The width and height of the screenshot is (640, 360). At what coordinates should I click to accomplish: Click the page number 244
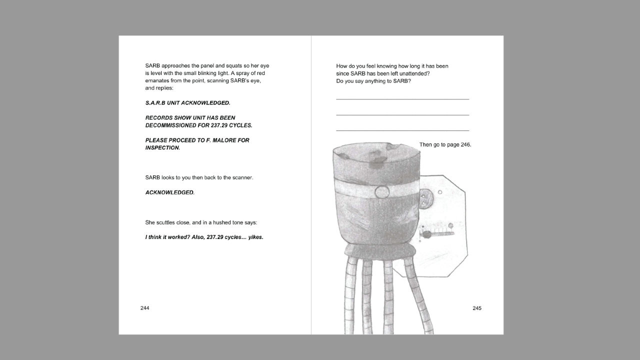144,308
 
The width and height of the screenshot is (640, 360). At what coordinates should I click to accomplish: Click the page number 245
477,308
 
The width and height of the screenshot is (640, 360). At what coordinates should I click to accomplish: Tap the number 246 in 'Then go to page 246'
465,144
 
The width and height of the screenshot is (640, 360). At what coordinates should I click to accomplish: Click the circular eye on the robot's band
381,192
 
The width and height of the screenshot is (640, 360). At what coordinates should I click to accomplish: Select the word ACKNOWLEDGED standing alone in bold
169,192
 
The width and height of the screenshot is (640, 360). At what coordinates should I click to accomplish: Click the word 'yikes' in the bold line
255,237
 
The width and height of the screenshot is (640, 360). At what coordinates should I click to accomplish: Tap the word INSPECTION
162,147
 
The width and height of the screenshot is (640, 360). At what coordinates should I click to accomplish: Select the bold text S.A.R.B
155,103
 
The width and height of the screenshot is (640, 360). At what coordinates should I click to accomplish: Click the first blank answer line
402,99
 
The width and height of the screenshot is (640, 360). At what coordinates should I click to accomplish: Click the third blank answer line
402,130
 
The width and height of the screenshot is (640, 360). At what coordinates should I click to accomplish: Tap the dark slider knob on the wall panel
426,235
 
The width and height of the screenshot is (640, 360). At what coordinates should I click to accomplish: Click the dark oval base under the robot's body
380,251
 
